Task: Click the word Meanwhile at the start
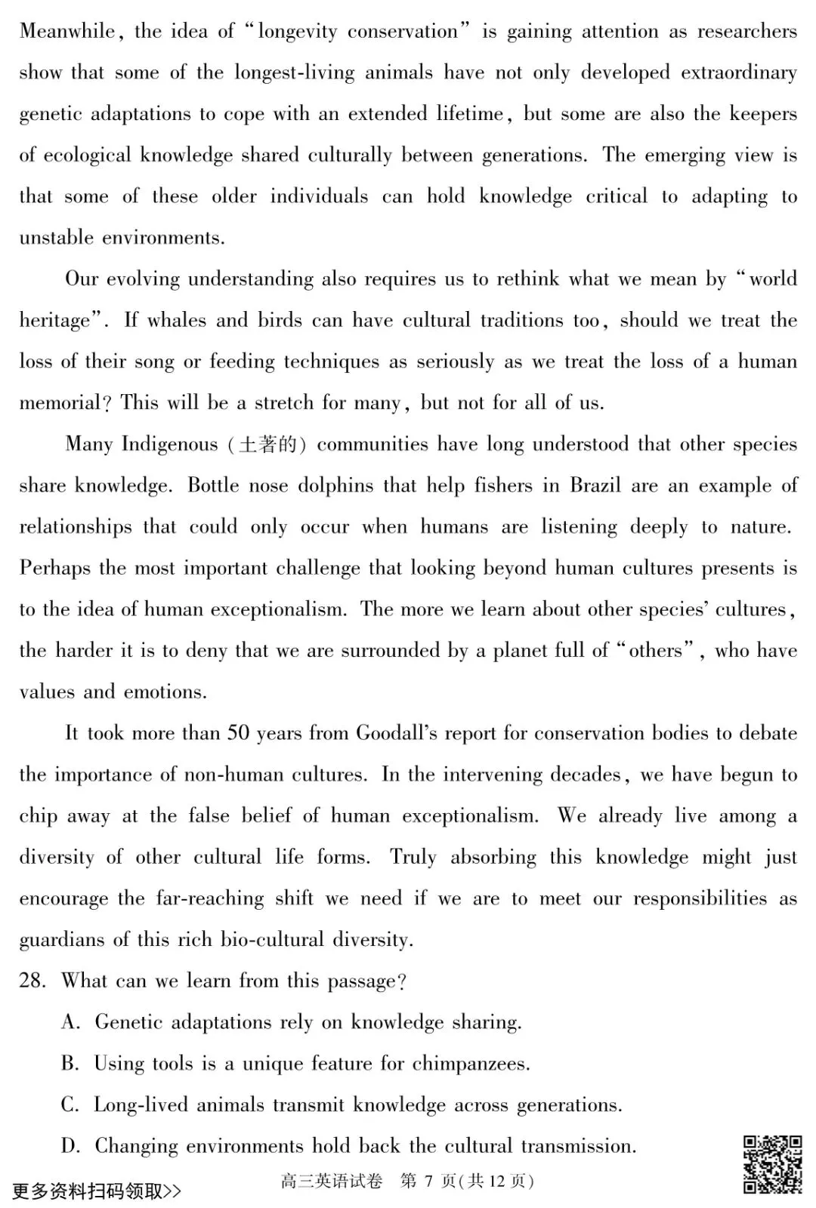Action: (66, 31)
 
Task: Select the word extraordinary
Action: (738, 72)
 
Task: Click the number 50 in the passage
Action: (238, 732)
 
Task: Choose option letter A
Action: (70, 1022)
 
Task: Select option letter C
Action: (70, 1105)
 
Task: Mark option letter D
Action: (70, 1146)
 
